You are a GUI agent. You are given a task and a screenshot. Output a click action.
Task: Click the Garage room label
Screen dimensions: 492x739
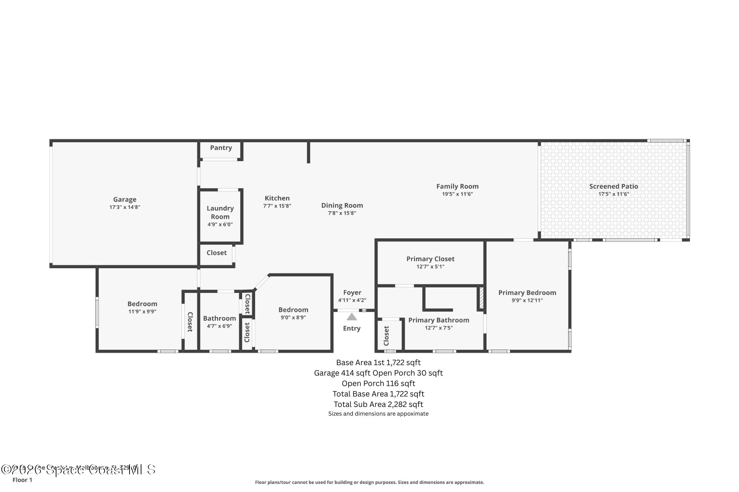click(124, 199)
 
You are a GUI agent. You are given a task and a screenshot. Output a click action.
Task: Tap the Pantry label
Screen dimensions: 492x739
click(221, 148)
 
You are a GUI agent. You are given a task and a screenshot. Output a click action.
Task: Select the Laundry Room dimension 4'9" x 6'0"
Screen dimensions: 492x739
click(220, 225)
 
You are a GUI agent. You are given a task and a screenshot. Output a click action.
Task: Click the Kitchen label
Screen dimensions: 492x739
click(277, 198)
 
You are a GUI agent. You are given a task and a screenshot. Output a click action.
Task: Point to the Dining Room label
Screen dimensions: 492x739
click(342, 205)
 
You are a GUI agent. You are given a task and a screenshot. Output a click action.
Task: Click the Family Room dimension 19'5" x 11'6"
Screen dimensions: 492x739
click(457, 194)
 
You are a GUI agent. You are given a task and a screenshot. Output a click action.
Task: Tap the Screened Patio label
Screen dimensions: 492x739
click(613, 186)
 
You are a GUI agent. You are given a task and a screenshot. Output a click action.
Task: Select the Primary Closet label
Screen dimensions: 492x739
click(430, 259)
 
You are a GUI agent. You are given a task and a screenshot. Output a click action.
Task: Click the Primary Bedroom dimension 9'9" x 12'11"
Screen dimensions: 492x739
click(527, 301)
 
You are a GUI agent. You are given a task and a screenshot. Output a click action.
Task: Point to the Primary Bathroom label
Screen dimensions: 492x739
click(438, 320)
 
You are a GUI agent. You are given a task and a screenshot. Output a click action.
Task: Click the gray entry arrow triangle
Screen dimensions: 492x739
click(351, 317)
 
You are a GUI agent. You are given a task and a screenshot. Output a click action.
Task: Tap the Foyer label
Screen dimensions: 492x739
click(352, 293)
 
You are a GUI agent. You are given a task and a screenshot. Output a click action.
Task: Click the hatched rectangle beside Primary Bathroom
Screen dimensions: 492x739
click(481, 298)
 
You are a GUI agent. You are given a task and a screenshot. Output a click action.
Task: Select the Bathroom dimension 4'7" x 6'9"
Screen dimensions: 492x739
click(219, 326)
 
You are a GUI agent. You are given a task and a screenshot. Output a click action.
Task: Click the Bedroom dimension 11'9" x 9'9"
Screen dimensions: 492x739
click(142, 312)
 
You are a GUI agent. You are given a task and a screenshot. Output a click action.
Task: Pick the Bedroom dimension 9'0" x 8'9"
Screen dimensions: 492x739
click(293, 318)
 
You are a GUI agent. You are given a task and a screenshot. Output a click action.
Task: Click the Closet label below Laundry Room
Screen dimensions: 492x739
click(217, 253)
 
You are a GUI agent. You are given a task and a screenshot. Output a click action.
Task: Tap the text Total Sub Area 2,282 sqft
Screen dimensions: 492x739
click(378, 404)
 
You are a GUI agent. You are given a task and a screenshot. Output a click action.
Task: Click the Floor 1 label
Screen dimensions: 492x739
click(22, 480)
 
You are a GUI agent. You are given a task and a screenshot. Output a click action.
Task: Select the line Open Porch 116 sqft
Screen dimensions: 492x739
click(378, 384)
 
